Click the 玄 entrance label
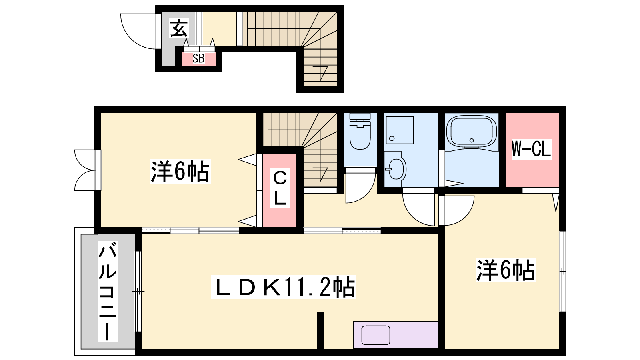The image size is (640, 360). (x=179, y=28)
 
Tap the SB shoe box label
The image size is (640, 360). (x=198, y=58)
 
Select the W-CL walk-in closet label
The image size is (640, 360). (x=531, y=149)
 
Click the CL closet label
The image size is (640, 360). (x=280, y=188)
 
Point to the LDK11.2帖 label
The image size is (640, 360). (x=284, y=287)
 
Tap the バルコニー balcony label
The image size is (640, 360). (x=108, y=292)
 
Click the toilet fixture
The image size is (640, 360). (x=360, y=132)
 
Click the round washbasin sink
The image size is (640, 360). (x=396, y=169)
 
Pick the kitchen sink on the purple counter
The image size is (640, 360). (x=376, y=335)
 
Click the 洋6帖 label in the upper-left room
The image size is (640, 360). (x=180, y=172)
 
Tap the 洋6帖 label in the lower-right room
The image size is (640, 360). (x=506, y=270)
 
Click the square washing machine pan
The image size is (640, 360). (x=400, y=130)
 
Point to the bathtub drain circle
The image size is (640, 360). (x=472, y=140)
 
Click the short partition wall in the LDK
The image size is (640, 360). (x=320, y=330)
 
